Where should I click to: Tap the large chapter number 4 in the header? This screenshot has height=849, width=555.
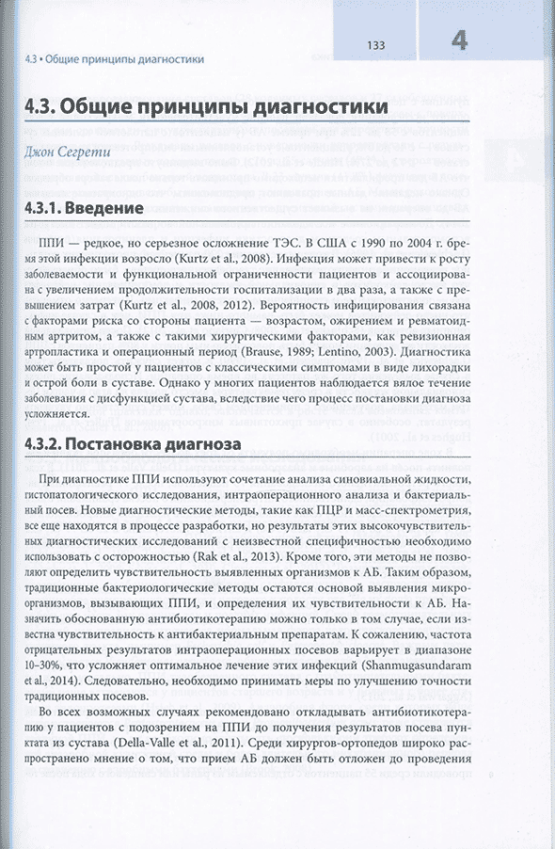point(459,40)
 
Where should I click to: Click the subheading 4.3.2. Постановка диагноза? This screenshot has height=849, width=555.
point(133,442)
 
